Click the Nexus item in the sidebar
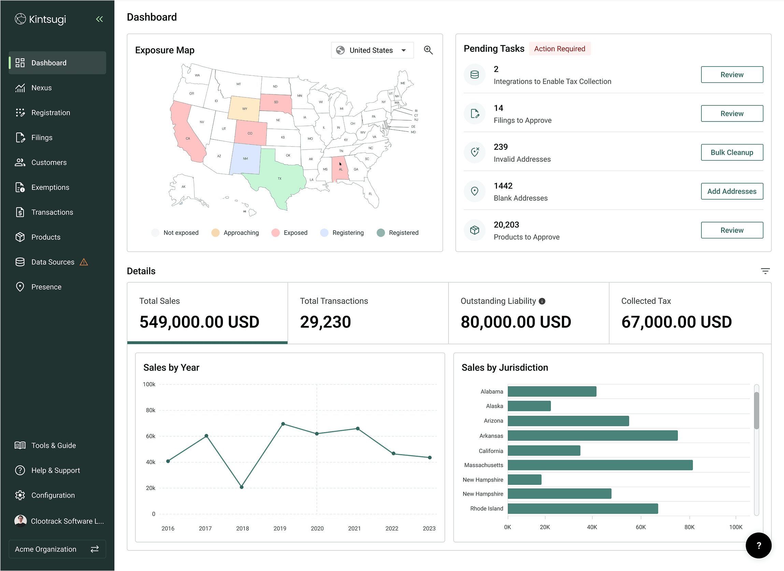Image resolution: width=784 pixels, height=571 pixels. [x=42, y=88]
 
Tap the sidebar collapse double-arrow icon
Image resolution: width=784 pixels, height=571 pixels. [x=100, y=19]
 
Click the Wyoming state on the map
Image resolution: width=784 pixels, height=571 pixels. [x=244, y=109]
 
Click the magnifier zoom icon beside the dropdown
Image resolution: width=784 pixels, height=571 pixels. [x=428, y=50]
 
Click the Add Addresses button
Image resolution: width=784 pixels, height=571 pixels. [x=731, y=191]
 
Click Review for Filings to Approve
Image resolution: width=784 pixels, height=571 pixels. [x=731, y=113]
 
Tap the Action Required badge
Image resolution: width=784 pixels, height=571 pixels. [x=559, y=49]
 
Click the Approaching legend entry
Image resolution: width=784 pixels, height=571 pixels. [x=235, y=233]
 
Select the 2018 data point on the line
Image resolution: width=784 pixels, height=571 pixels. [x=242, y=487]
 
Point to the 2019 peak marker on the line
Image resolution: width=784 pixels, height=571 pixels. [x=283, y=424]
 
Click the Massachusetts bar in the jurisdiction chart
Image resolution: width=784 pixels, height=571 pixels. [x=600, y=465]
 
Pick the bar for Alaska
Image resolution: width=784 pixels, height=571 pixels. [x=529, y=406]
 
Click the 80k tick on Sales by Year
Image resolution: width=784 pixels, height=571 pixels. [x=151, y=410]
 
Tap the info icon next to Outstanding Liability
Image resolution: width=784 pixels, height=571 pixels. [x=542, y=301]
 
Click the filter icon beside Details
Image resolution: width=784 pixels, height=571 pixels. [x=765, y=271]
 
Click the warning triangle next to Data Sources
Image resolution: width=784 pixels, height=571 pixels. [x=84, y=262]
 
